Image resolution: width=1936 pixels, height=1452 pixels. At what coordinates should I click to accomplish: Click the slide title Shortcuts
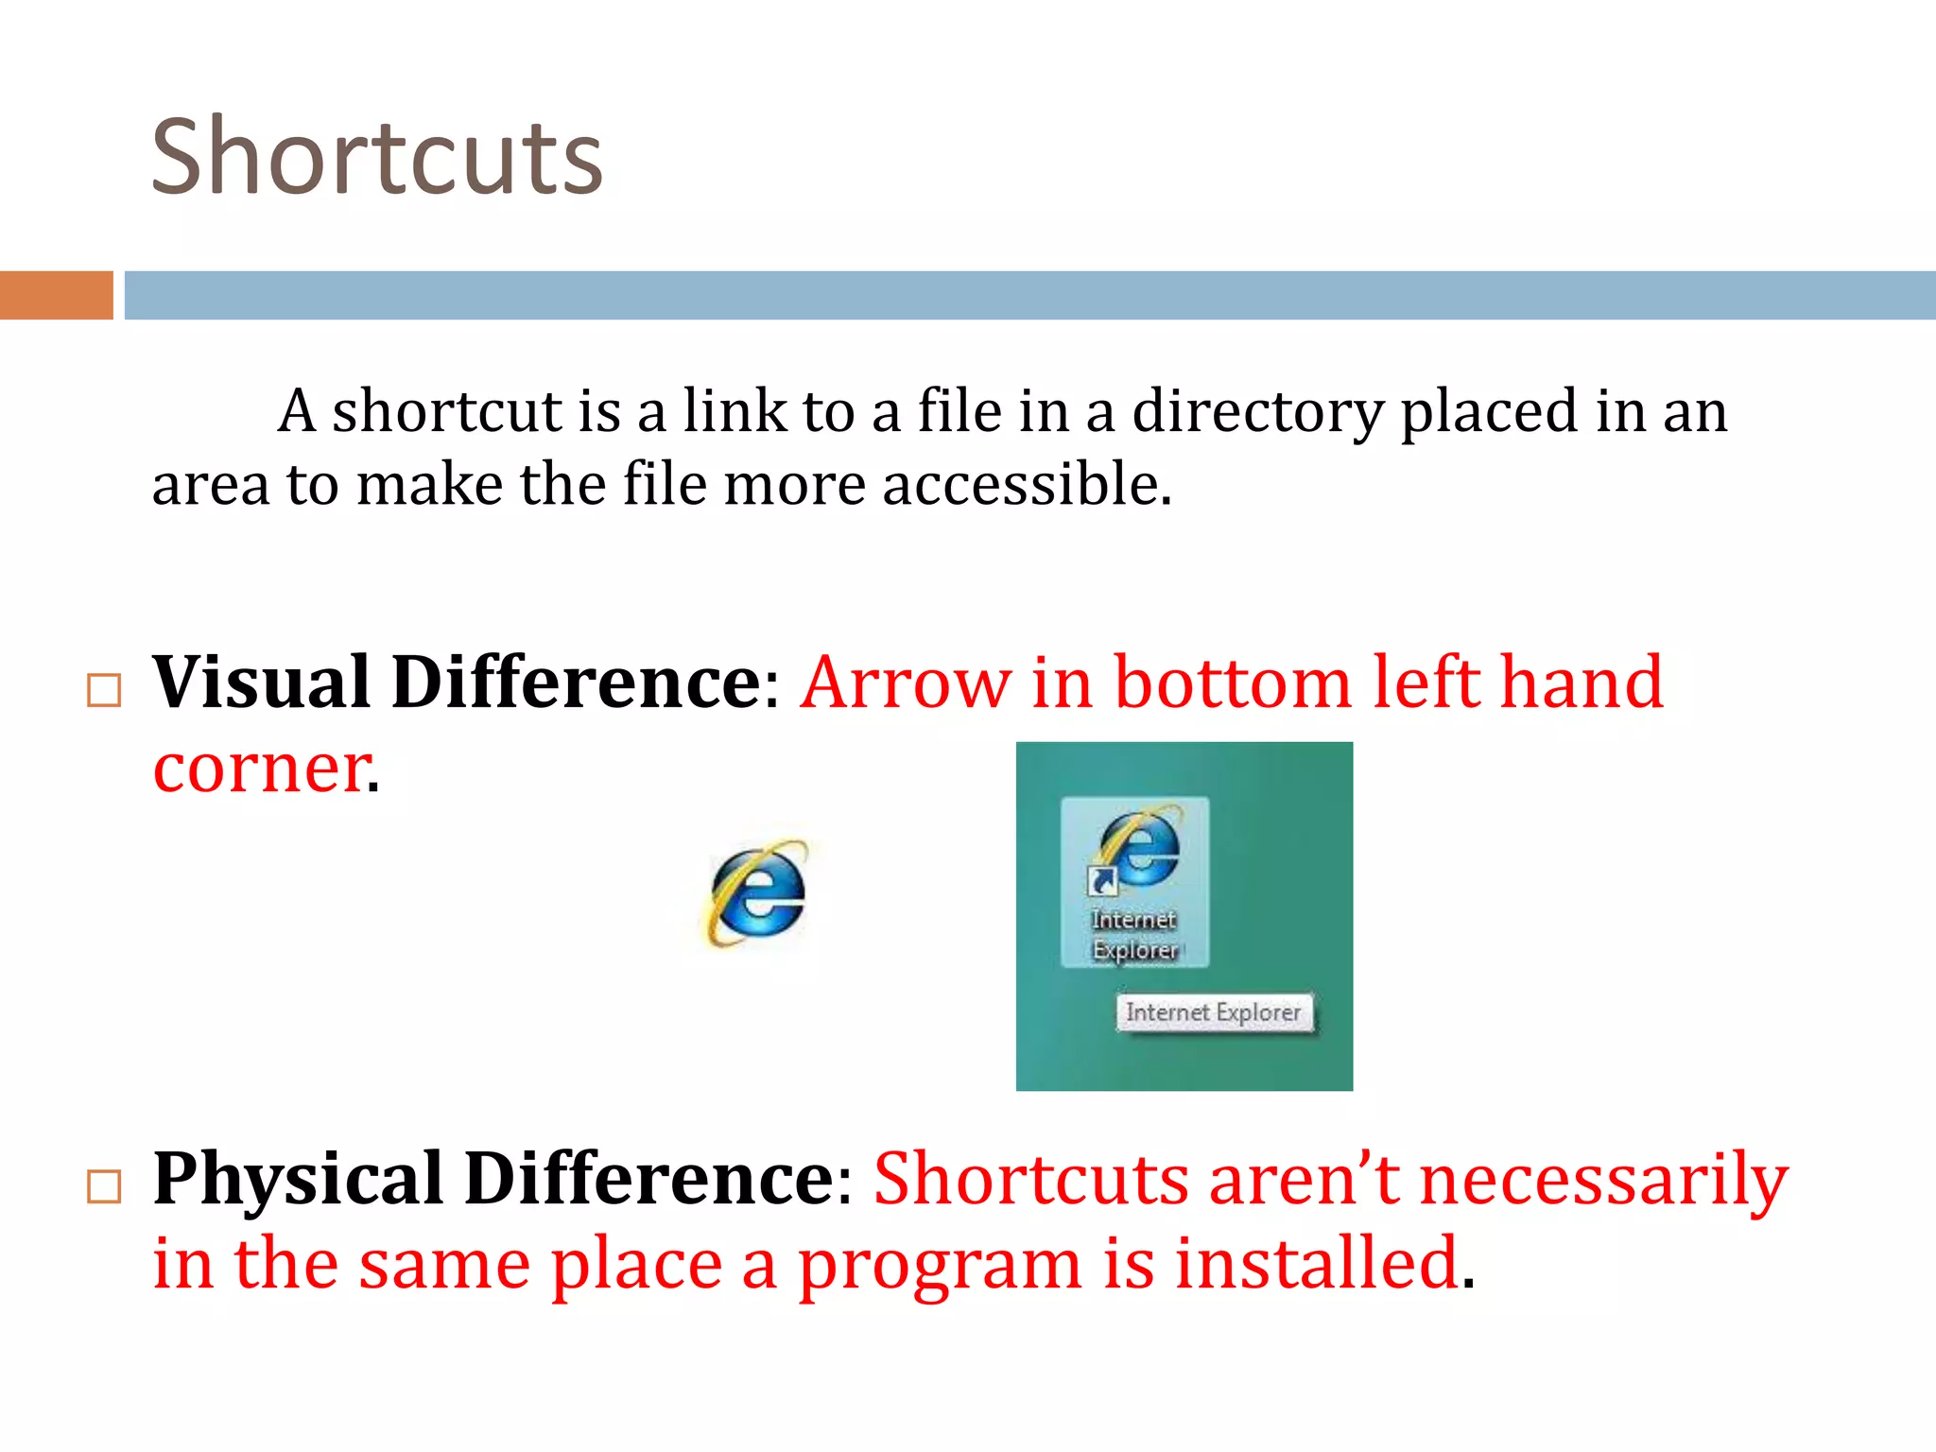(x=376, y=158)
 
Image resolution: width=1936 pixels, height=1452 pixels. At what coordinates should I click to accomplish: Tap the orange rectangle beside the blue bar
(x=56, y=295)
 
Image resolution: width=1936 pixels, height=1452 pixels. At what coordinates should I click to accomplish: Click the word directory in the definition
(x=1257, y=412)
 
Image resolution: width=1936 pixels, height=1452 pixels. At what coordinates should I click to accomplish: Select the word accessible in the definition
(x=1027, y=485)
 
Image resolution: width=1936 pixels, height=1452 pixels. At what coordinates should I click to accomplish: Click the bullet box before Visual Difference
(x=104, y=691)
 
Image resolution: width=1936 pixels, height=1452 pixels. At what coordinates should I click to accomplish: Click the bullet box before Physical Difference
(x=104, y=1187)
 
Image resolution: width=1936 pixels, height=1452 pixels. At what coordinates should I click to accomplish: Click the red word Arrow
(x=905, y=683)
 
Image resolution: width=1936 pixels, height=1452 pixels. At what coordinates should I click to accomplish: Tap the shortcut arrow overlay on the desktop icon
(x=1101, y=881)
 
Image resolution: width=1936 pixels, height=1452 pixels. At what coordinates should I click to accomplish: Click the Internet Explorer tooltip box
(x=1213, y=1012)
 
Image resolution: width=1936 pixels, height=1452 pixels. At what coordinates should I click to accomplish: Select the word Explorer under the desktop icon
(x=1134, y=949)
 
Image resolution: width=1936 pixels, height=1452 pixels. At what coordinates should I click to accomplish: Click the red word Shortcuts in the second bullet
(x=1030, y=1180)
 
